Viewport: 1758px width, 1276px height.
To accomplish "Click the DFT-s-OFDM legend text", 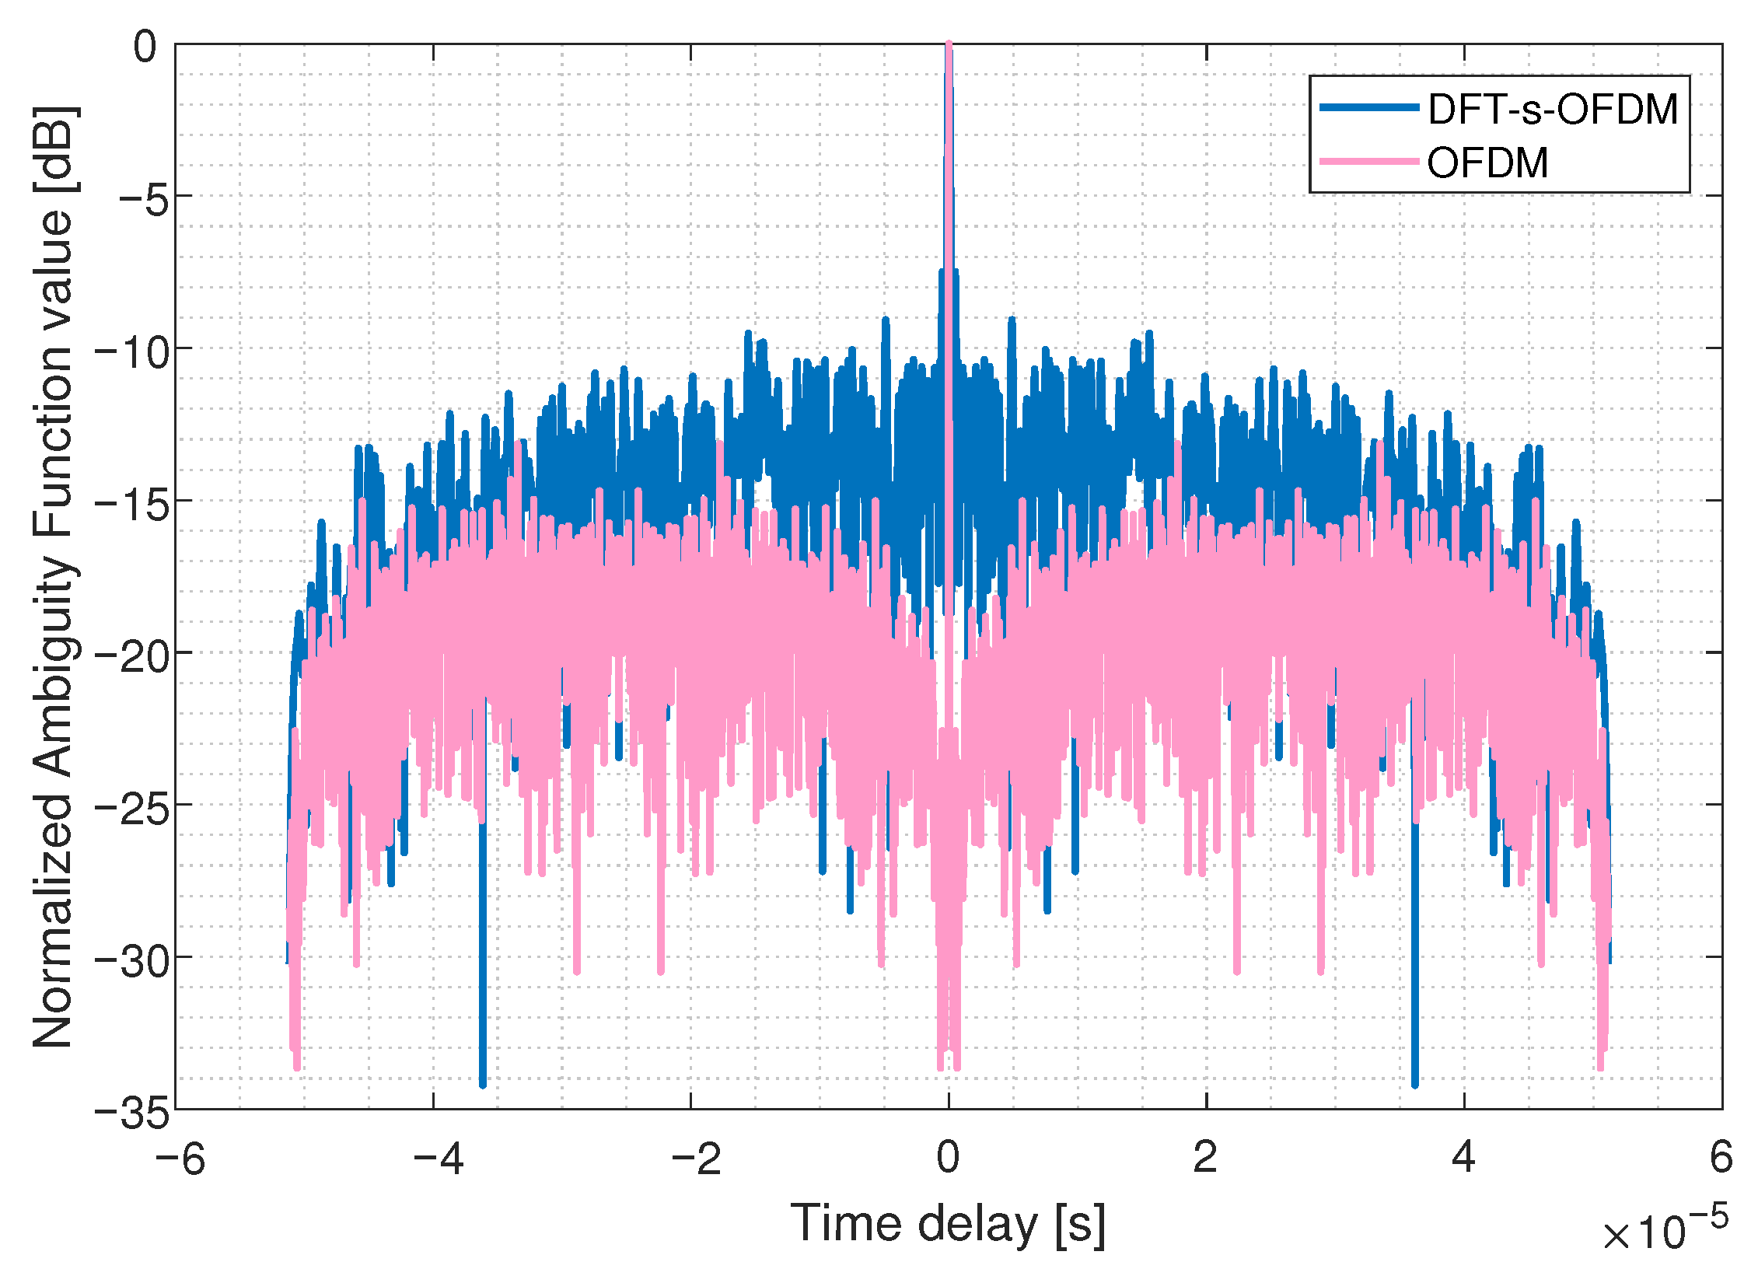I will (x=1553, y=109).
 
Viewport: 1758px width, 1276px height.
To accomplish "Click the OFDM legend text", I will (x=1487, y=163).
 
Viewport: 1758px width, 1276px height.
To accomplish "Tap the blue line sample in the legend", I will (x=1369, y=107).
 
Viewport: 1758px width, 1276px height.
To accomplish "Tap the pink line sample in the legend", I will (x=1369, y=162).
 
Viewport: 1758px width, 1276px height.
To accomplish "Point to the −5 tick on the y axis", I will (x=143, y=199).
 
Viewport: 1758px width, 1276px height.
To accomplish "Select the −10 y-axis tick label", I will (x=131, y=351).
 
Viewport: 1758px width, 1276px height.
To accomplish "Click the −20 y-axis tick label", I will (x=131, y=656).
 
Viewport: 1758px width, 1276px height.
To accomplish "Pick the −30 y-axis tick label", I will (x=131, y=961).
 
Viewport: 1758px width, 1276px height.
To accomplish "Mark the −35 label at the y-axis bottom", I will (x=131, y=1113).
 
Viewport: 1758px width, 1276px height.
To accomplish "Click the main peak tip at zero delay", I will (x=949, y=45).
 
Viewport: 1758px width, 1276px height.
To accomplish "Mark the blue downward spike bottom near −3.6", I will (x=483, y=1084).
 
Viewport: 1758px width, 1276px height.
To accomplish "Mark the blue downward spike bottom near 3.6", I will (x=1414, y=1084).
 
